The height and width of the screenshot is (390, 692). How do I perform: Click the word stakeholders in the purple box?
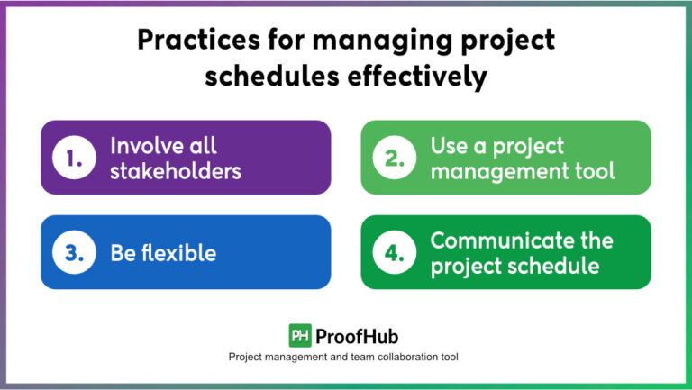176,170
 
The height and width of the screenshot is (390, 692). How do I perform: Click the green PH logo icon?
300,336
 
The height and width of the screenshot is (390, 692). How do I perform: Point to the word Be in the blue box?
123,253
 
